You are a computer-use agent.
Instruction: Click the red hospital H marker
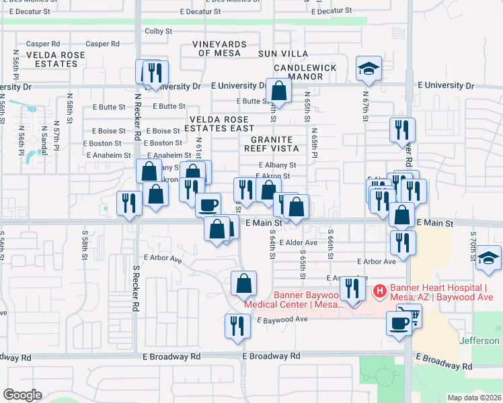[x=379, y=291]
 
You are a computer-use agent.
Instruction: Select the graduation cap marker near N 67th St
[x=369, y=68]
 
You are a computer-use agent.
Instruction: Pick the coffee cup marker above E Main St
[x=208, y=204]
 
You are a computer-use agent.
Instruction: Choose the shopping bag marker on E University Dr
[x=278, y=91]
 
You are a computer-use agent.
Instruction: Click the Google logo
[x=22, y=395]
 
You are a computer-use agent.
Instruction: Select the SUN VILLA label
[x=282, y=54]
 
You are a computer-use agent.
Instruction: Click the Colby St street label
[x=159, y=31]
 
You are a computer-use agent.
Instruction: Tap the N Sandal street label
[x=44, y=140]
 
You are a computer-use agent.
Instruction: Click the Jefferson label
[x=480, y=341]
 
